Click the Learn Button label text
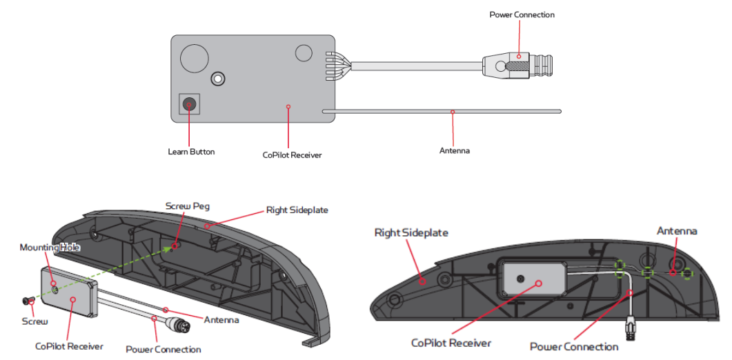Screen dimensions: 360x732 point(191,152)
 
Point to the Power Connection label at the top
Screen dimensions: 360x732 point(522,14)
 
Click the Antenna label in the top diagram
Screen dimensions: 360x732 point(454,150)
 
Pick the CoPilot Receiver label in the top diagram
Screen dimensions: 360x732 point(292,155)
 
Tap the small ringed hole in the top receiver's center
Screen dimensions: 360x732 point(219,79)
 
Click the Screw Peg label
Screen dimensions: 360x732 point(187,206)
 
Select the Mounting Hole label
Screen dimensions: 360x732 point(50,247)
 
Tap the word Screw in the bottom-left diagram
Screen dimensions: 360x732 point(35,321)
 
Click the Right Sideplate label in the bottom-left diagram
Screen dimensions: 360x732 point(298,210)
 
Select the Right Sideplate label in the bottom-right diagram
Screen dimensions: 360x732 point(410,233)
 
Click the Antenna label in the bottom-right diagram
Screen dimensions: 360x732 point(676,231)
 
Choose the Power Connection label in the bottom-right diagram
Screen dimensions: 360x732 point(573,346)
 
